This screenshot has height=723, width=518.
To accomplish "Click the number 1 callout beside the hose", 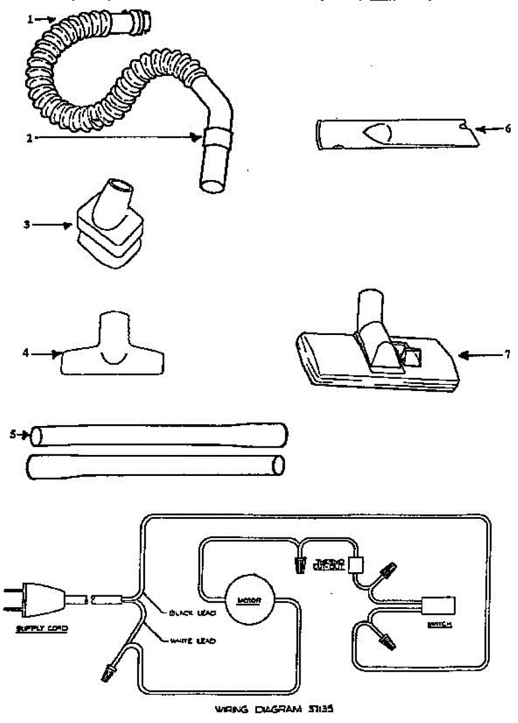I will point(30,19).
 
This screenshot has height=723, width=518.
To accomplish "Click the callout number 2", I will point(28,137).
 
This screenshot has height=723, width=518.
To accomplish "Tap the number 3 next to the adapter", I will point(27,225).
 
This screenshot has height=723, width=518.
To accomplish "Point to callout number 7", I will point(507,355).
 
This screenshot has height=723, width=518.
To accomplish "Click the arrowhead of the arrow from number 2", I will point(195,137).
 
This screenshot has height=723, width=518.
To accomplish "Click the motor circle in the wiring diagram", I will point(249,599).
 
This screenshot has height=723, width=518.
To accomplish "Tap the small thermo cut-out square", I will point(356,565).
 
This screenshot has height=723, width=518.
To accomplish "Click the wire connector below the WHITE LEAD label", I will point(110,670).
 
